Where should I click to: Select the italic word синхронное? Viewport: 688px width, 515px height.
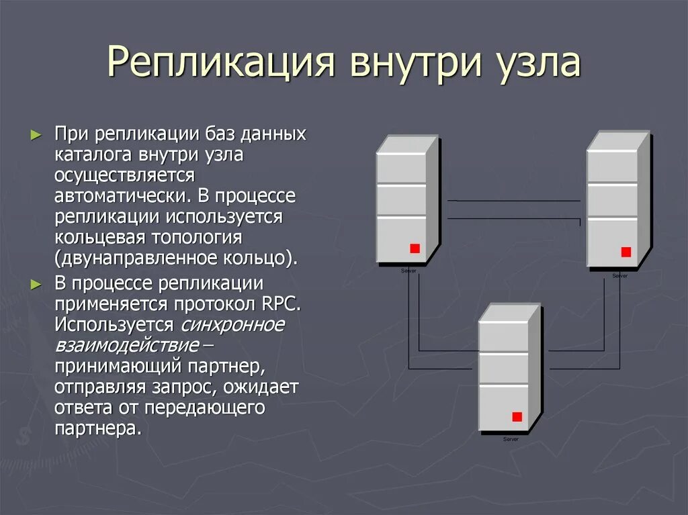[x=232, y=325]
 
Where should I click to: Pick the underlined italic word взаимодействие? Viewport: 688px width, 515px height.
[x=127, y=346]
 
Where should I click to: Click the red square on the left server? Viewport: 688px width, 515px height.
[x=415, y=248]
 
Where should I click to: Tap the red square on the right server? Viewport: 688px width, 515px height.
[x=626, y=252]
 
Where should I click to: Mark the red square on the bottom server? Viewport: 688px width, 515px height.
[x=517, y=416]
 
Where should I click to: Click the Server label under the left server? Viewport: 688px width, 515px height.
[x=408, y=270]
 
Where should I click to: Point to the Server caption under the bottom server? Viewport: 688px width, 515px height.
[x=511, y=438]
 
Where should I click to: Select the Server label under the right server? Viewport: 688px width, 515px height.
[x=620, y=275]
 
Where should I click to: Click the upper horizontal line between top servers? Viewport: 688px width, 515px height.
[x=513, y=201]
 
